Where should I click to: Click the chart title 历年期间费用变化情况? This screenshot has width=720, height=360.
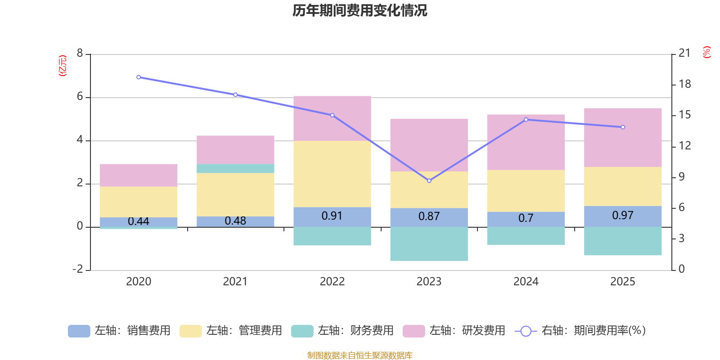coord(360,10)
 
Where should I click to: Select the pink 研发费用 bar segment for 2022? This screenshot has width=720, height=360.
coord(332,118)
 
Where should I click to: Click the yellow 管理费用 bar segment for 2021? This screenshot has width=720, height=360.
coord(235,194)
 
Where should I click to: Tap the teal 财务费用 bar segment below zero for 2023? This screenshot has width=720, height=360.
coord(429,243)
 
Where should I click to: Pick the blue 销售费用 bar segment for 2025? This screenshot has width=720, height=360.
coord(623,216)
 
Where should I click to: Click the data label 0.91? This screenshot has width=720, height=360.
coord(332,216)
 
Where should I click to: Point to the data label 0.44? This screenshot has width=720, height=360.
coord(139,221)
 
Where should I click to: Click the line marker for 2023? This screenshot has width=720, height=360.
coord(429,180)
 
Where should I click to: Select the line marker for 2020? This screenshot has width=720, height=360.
coord(139,77)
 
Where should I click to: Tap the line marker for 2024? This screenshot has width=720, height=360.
coord(526,120)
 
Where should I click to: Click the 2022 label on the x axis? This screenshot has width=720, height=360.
coord(332,282)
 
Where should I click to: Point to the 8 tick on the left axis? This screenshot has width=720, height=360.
coord(80,54)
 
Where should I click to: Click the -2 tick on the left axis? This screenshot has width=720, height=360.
coord(78,269)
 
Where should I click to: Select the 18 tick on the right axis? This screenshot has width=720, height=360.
coord(684,84)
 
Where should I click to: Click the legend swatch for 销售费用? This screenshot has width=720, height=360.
coord(79,331)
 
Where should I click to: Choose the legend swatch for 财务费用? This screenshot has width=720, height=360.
coord(302,331)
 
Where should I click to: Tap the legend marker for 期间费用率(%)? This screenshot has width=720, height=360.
coord(526,331)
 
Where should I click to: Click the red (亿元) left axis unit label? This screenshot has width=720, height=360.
coord(63,66)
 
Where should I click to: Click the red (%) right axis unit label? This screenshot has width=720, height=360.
coord(706,52)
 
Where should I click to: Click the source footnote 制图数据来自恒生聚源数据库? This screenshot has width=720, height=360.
coord(360,355)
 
